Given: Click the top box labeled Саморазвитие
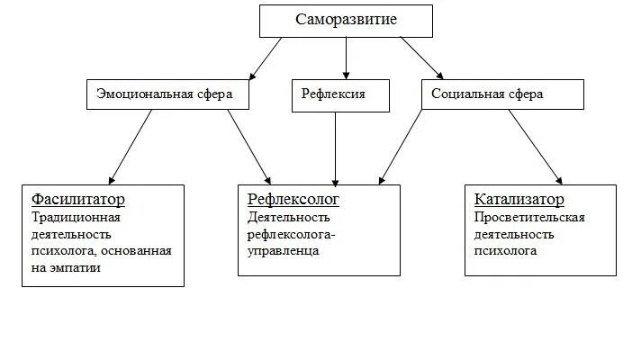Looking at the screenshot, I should (x=346, y=20).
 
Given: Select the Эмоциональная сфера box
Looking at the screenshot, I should (x=167, y=94).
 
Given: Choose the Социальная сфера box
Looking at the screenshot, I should (x=494, y=94).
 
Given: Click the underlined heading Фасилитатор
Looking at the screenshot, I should (x=77, y=199).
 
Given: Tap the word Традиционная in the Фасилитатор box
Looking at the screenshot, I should (x=76, y=217).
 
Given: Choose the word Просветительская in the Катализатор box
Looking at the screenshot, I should (x=529, y=217).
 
